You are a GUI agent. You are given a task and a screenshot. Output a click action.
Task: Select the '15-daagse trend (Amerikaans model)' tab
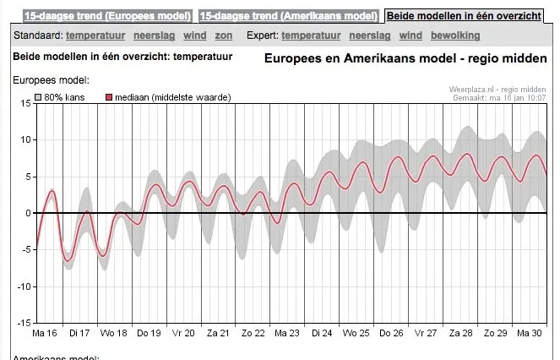(289, 16)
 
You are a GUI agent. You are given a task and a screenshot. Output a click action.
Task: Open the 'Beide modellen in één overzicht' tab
(465, 16)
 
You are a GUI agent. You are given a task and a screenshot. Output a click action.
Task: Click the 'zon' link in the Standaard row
(223, 35)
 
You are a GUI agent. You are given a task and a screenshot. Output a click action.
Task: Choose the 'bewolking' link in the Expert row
(454, 35)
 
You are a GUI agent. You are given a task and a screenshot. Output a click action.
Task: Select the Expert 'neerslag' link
(369, 35)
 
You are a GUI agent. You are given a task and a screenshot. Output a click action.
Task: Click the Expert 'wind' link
(410, 35)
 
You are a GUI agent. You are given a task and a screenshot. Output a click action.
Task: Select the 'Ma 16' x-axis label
(44, 333)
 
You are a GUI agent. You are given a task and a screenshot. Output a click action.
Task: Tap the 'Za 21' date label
(219, 333)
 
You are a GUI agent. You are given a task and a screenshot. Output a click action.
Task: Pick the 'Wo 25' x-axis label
(357, 333)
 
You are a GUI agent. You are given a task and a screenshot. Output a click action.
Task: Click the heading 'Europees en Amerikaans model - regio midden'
(405, 58)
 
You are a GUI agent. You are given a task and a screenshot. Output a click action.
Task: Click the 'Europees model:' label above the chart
(51, 80)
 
